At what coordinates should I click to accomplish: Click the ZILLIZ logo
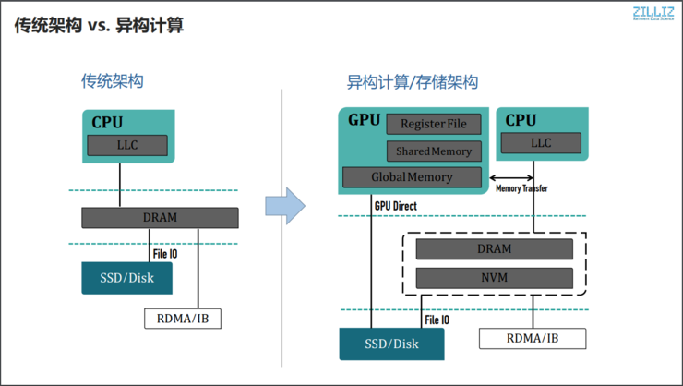pos(653,13)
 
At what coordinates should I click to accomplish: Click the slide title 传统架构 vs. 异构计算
pos(99,25)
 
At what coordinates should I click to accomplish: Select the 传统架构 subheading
pos(112,81)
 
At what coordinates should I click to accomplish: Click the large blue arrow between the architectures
pos(285,205)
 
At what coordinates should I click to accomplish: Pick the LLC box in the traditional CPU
pos(127,145)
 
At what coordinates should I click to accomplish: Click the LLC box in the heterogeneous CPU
pos(541,143)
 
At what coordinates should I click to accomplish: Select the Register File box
pos(434,124)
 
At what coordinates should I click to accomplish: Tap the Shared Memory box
pos(434,151)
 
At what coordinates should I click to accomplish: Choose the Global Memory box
pos(412,176)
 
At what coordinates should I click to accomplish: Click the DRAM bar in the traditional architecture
pos(160,217)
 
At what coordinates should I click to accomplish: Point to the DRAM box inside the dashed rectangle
pos(494,248)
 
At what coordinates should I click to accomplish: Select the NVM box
pos(494,277)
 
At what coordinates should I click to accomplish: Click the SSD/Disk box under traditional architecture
pos(127,277)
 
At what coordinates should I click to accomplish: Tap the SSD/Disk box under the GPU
pos(391,344)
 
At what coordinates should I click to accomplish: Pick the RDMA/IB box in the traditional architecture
pos(184,319)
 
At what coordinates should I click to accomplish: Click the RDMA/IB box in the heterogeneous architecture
pos(532,338)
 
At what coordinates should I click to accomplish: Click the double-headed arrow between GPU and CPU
pos(511,177)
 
